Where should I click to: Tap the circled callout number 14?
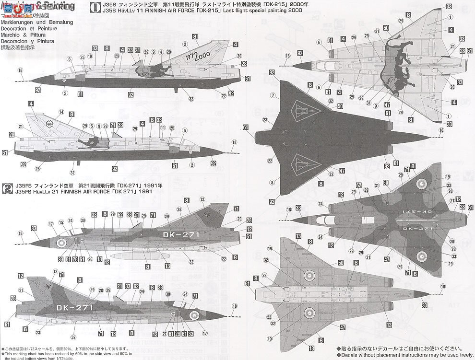(x=61, y=112)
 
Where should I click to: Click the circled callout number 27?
(x=164, y=334)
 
